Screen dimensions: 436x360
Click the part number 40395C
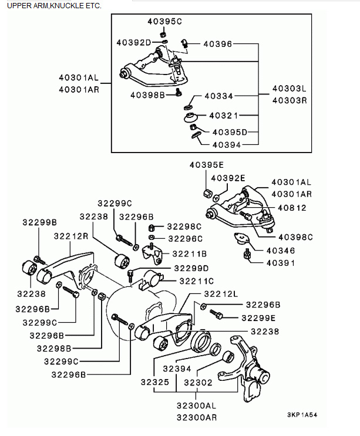coord(164,22)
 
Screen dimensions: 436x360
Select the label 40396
coord(218,43)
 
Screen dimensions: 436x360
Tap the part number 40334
coord(218,96)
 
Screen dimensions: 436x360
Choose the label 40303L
coord(290,89)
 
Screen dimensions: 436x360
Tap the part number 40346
coord(280,251)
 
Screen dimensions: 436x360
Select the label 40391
coord(280,262)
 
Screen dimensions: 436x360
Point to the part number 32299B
coord(39,222)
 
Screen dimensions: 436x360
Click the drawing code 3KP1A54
coord(303,414)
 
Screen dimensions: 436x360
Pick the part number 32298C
coord(184,227)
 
